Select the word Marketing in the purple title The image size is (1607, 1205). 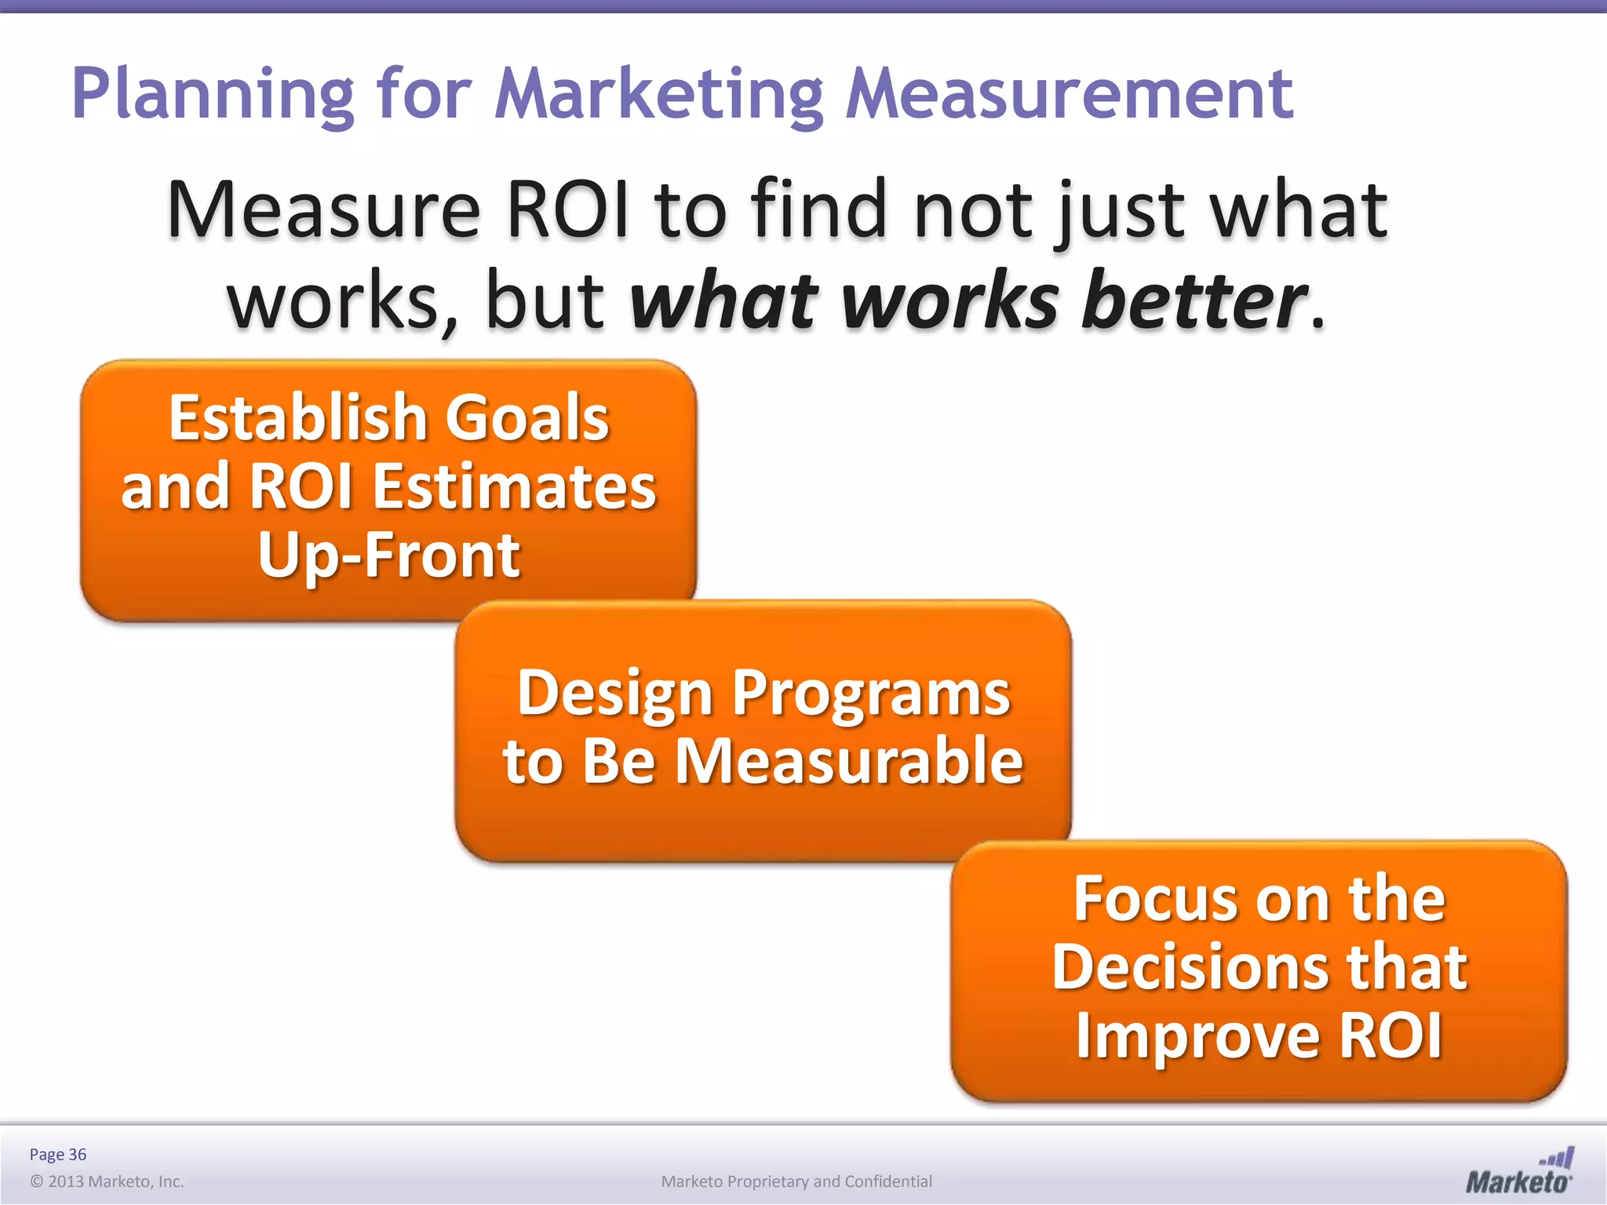pyautogui.click(x=658, y=95)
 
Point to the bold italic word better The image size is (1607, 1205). pyautogui.click(x=1193, y=301)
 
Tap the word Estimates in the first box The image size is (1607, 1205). pyautogui.click(x=514, y=486)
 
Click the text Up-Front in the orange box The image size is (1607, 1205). pyautogui.click(x=388, y=555)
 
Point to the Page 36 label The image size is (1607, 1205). pyautogui.click(x=58, y=1154)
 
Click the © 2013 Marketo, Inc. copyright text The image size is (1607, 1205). pyautogui.click(x=107, y=1181)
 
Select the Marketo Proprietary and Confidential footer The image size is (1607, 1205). pyautogui.click(x=796, y=1181)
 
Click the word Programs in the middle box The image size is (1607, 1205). pyautogui.click(x=871, y=694)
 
